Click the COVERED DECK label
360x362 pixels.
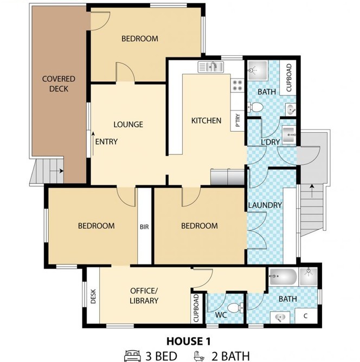pyautogui.click(x=59, y=84)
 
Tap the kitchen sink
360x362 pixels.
pyautogui.click(x=210, y=67)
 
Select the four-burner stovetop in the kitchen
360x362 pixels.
pyautogui.click(x=237, y=85)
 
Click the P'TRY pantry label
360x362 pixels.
pyautogui.click(x=237, y=120)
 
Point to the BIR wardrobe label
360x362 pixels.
pyautogui.click(x=144, y=227)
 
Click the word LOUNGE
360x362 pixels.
pyautogui.click(x=128, y=125)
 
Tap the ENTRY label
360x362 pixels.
pyautogui.click(x=106, y=141)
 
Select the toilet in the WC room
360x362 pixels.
pyautogui.click(x=235, y=308)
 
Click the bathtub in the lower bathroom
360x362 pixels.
pyautogui.click(x=283, y=276)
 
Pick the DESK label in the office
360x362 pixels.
pyautogui.click(x=93, y=296)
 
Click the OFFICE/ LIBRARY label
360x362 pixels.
pyautogui.click(x=144, y=296)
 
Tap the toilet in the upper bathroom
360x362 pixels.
pyautogui.click(x=255, y=107)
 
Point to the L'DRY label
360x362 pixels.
pyautogui.click(x=271, y=142)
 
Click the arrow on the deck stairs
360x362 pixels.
pyautogui.click(x=57, y=171)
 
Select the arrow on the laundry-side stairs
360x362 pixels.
pyautogui.click(x=312, y=191)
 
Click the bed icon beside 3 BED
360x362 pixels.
pyautogui.click(x=132, y=355)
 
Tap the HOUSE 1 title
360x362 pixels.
pyautogui.click(x=189, y=341)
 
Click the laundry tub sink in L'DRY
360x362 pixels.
pyautogui.click(x=289, y=135)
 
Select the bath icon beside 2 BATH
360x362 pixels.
pyautogui.click(x=200, y=355)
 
